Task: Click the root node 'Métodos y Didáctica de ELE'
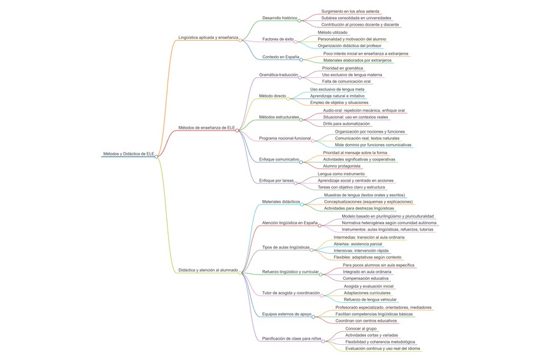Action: [128, 154]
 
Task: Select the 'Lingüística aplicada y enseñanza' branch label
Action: [208, 38]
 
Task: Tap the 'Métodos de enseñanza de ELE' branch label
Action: [206, 127]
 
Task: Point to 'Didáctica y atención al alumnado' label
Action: [208, 270]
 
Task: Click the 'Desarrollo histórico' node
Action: [279, 18]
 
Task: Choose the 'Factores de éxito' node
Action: [278, 39]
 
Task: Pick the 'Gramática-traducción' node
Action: [279, 75]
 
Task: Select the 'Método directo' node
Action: [273, 96]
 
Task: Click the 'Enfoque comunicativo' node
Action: [279, 159]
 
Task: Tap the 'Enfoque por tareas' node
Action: [276, 180]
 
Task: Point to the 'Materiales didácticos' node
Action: [281, 201]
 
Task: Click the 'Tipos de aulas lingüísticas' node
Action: [285, 247]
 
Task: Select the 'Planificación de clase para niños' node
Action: [291, 338]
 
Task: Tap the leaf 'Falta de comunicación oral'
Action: [346, 82]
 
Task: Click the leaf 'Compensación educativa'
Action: [366, 278]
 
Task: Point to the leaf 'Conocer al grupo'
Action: [361, 328]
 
